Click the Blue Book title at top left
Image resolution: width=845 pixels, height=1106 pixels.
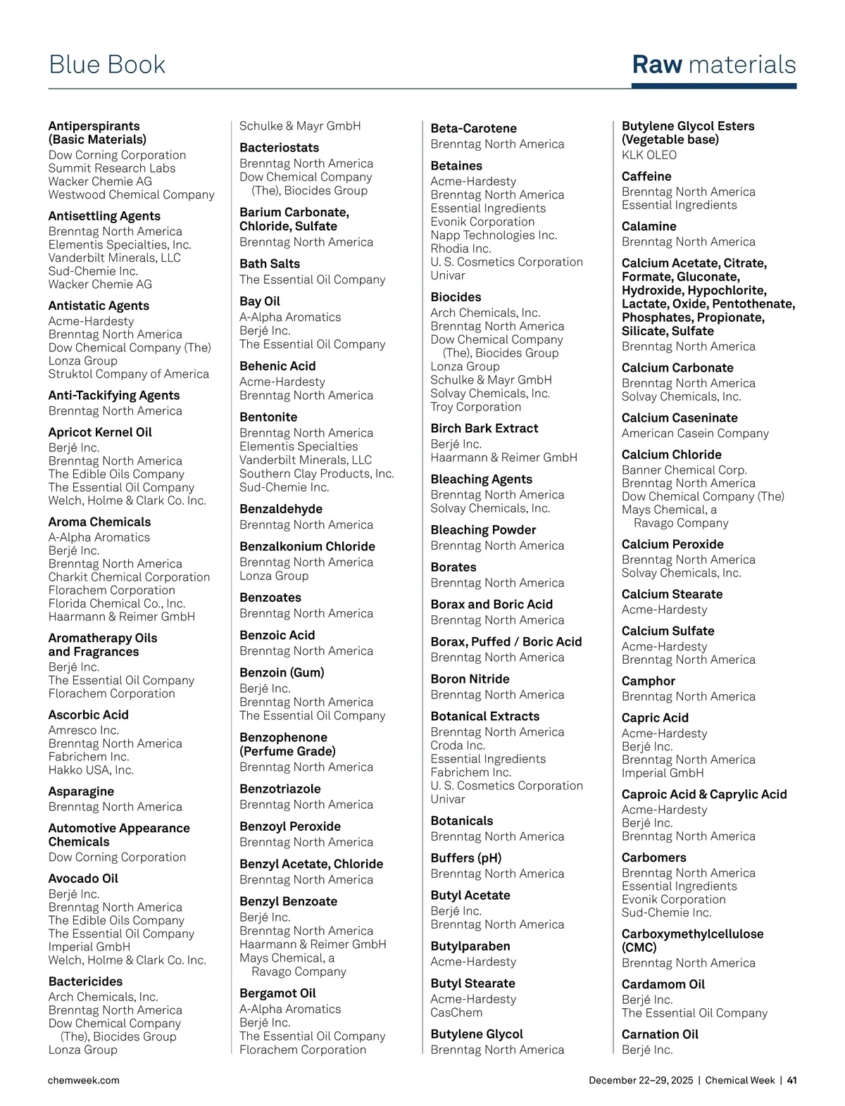coord(107,65)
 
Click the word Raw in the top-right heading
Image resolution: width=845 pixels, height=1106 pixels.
coord(657,65)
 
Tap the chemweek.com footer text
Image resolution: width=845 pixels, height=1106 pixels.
coord(84,1080)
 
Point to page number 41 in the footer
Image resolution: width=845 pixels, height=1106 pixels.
coord(791,1080)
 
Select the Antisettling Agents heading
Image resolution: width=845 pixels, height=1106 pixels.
coord(104,216)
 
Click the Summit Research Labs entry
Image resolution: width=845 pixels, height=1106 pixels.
coord(112,168)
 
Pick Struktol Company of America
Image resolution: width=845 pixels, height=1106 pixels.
coord(129,374)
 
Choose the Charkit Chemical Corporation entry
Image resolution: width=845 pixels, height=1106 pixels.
coord(129,577)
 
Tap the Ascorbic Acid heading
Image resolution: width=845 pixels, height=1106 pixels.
coord(88,715)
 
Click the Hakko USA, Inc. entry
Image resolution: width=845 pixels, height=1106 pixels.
coord(91,770)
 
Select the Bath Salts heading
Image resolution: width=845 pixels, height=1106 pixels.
coord(270,264)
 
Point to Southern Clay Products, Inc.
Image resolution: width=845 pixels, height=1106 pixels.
coord(317,474)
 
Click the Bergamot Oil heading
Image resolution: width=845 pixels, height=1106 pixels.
coord(277,993)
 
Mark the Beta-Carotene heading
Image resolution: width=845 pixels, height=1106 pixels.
coord(474,129)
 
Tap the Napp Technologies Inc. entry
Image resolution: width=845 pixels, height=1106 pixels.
coord(494,235)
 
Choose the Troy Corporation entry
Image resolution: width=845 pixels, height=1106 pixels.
coord(476,407)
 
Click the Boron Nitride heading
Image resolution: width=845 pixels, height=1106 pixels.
coord(470,679)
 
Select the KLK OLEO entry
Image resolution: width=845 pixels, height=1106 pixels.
coord(649,155)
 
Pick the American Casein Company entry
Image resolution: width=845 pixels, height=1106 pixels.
coord(695,434)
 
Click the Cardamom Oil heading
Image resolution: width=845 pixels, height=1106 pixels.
coord(663,984)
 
